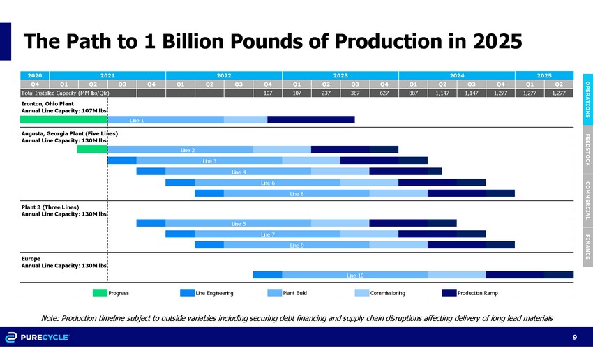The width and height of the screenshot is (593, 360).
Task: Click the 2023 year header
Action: [x=340, y=75]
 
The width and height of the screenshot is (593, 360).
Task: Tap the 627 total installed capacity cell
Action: [x=384, y=92]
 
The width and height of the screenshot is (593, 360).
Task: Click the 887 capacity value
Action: [x=413, y=92]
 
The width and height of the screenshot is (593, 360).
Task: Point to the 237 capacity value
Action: [x=326, y=92]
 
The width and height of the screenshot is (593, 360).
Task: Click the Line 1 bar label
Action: [x=137, y=120]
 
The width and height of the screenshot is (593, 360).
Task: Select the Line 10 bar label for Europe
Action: [x=355, y=275]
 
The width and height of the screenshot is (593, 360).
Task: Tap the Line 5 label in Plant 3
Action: [x=239, y=223]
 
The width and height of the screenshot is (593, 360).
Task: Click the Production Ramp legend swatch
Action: [x=449, y=292]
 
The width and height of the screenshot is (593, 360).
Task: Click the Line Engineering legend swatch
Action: [x=187, y=292]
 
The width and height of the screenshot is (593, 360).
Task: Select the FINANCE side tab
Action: [x=587, y=248]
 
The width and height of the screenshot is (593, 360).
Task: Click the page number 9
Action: [x=574, y=338]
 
